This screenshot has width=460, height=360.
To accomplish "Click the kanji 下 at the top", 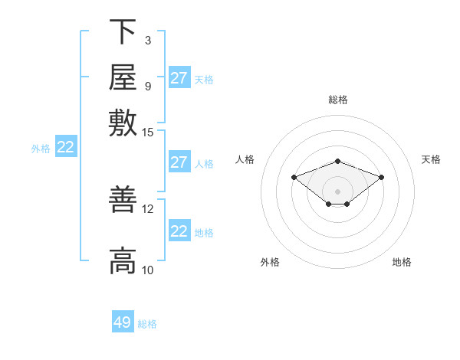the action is (x=123, y=31).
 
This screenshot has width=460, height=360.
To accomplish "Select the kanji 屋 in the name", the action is (x=123, y=77).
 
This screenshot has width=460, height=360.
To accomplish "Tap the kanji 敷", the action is (x=123, y=123).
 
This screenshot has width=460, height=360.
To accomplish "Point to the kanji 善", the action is (x=123, y=199).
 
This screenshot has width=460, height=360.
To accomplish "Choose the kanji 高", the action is (x=123, y=260).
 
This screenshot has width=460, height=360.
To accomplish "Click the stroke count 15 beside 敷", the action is (x=147, y=133).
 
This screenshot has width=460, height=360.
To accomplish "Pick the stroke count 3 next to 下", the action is (x=148, y=41).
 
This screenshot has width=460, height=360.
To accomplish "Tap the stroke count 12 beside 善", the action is (x=147, y=209).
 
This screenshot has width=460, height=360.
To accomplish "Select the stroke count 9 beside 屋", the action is (x=148, y=87).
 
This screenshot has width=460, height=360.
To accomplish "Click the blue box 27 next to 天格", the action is (x=179, y=77).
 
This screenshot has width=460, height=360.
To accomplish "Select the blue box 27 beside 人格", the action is (x=179, y=162).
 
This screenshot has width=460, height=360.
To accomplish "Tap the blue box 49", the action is (x=123, y=321).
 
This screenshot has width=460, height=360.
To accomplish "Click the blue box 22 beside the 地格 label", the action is (x=179, y=230).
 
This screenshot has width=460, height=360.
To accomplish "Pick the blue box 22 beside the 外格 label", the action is (x=66, y=146).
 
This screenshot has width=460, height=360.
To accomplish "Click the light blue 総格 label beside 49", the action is (x=147, y=324).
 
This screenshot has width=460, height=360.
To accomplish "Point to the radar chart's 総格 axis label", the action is (x=338, y=100).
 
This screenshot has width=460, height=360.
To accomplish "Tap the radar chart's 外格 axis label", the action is (x=270, y=262).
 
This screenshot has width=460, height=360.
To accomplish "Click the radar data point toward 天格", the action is (x=381, y=178).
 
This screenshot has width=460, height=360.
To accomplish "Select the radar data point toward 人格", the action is (x=294, y=178).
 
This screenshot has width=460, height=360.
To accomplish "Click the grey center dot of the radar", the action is (x=337, y=191).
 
